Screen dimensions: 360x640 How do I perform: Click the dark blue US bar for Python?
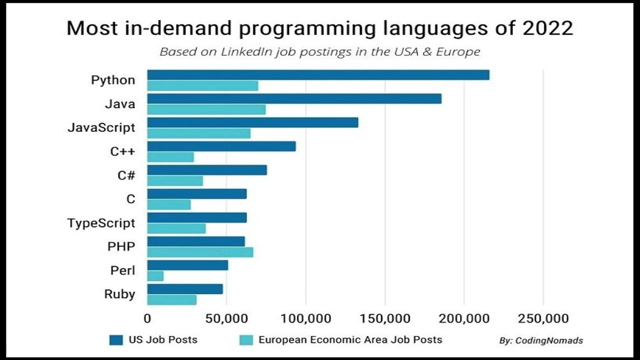click(318, 75)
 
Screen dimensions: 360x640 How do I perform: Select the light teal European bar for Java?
click(206, 109)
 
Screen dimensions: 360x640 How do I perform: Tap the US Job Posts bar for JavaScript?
click(252, 122)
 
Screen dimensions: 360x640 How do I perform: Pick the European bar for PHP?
click(200, 252)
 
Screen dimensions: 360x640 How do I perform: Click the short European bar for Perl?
click(155, 276)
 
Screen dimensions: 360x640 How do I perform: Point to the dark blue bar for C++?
click(221, 146)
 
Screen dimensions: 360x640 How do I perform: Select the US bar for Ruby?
click(185, 289)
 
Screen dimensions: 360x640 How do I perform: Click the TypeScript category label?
click(101, 222)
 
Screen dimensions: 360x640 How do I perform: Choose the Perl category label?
click(122, 270)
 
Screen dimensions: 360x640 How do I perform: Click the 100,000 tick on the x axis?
click(305, 318)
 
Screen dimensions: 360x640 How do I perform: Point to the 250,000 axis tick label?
click(543, 318)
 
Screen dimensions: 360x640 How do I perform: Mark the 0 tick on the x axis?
click(147, 318)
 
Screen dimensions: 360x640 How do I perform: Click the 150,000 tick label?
click(385, 318)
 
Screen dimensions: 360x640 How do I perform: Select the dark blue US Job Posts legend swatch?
click(116, 340)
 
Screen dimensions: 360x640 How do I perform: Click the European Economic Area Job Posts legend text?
click(350, 339)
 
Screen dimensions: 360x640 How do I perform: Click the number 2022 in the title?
click(547, 28)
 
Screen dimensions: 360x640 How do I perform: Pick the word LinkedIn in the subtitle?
click(253, 51)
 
